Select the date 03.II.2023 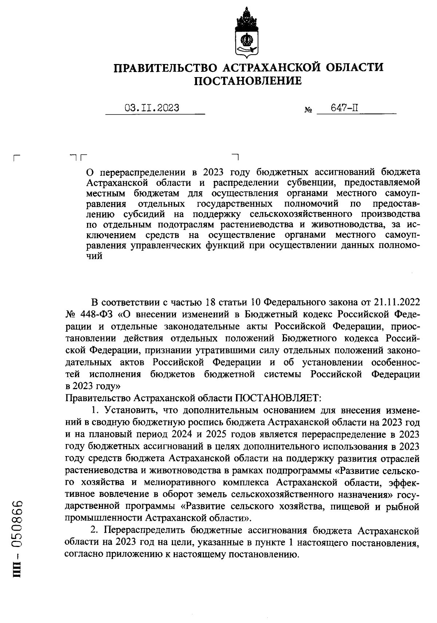tap(152, 108)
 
